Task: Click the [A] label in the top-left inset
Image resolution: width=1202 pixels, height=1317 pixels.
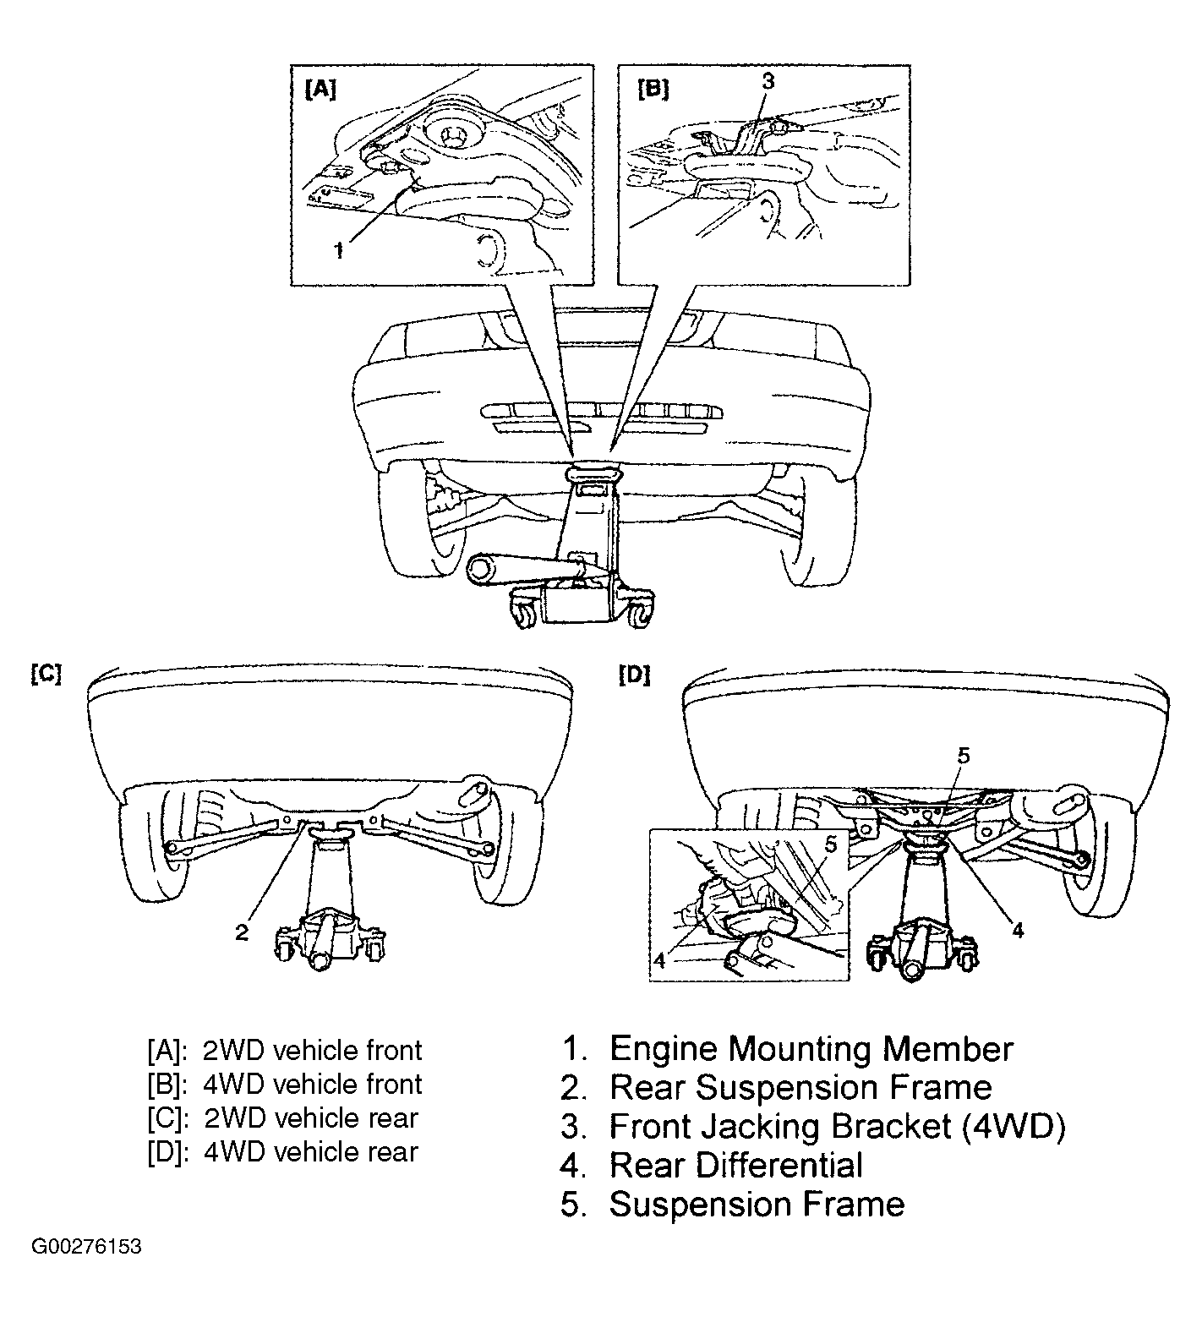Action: (x=320, y=90)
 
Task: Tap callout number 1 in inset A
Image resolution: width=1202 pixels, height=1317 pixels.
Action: (x=339, y=250)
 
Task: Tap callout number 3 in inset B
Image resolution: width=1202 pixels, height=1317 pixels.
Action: (x=768, y=81)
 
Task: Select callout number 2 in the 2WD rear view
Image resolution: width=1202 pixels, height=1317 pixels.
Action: (x=242, y=932)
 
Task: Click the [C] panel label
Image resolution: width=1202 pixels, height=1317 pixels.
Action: (x=46, y=675)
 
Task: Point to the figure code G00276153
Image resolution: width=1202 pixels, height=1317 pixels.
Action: (x=86, y=1248)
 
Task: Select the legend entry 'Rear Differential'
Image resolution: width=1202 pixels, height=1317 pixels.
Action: (x=736, y=1165)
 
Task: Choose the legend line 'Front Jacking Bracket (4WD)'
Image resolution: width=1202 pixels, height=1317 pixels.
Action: (x=838, y=1127)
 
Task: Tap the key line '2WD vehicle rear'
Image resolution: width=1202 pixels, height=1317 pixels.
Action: (x=311, y=1118)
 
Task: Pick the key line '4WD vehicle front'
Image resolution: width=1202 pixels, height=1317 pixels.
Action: (x=312, y=1085)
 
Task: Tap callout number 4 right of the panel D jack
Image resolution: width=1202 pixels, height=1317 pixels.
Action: (x=1018, y=930)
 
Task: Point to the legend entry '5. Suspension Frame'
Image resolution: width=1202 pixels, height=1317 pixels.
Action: (x=732, y=1204)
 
